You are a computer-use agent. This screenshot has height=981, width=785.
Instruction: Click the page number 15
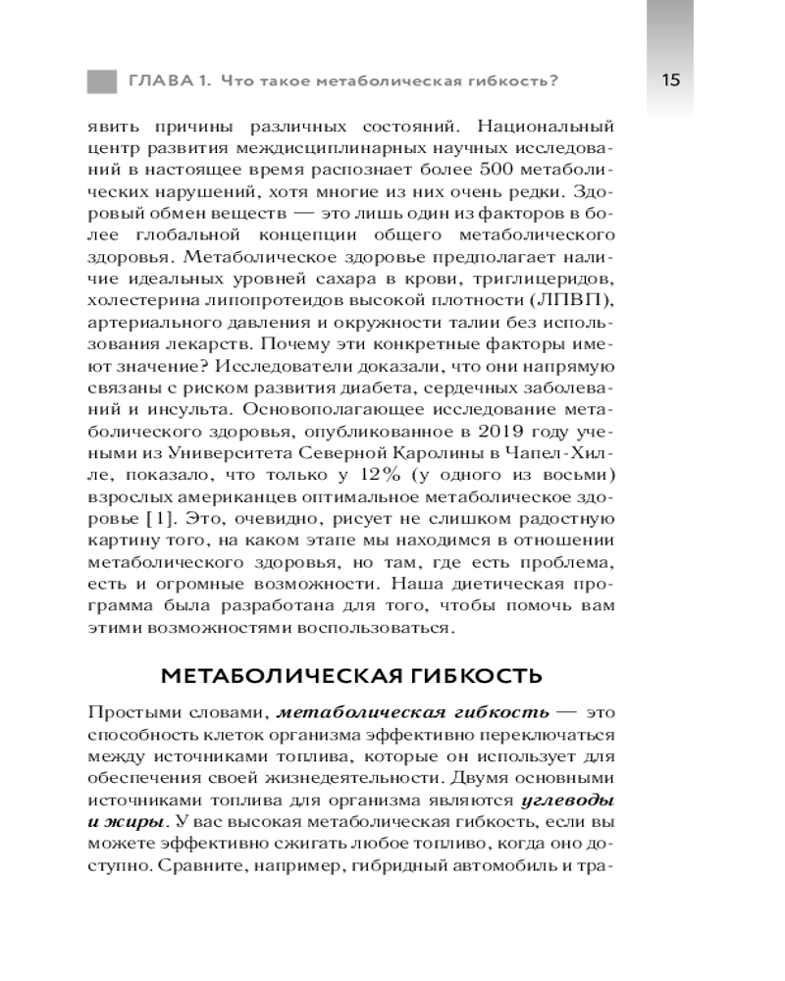[671, 79]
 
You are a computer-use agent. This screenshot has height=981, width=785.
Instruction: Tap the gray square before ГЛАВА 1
[102, 80]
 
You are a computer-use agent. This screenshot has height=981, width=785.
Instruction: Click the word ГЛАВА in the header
[156, 80]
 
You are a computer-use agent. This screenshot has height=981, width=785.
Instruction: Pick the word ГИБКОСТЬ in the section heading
[487, 677]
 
